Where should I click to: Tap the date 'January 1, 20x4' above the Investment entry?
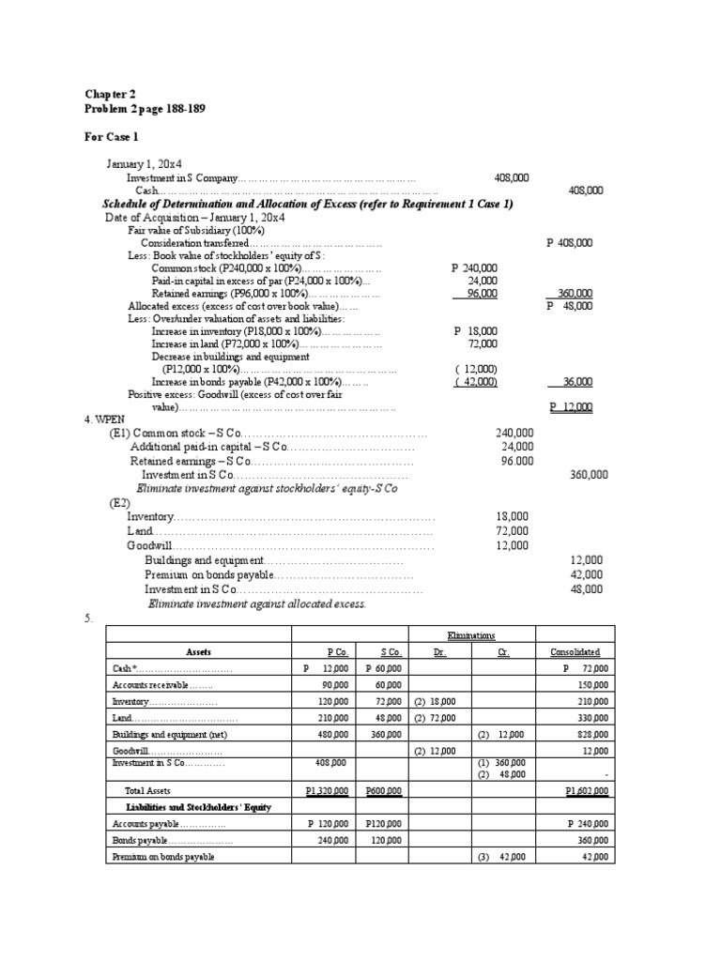144,163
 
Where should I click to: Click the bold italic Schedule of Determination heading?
307,204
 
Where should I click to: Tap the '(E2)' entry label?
119,503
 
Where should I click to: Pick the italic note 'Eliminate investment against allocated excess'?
256,603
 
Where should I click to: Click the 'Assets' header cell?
198,651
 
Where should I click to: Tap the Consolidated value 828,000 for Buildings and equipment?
591,733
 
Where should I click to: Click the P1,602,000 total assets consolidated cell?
587,791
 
